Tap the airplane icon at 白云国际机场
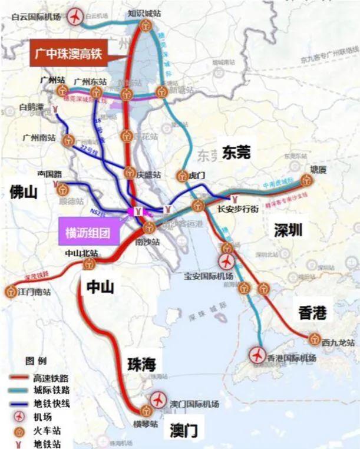point(75,17)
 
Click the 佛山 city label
point(23,192)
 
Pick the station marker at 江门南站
point(11,291)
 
